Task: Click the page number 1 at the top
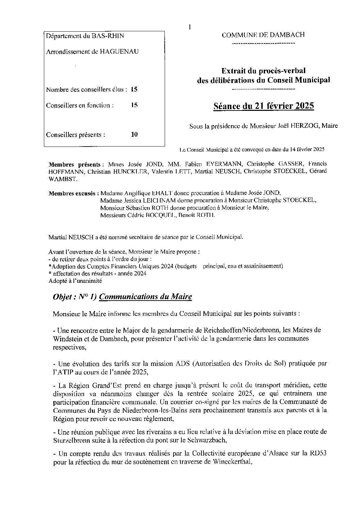tap(190, 27)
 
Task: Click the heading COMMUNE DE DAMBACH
tap(263, 35)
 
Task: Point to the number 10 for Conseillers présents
tap(134, 135)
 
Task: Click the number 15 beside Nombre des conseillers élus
tap(134, 90)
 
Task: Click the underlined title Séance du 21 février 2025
tap(263, 106)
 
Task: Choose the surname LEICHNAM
tap(166, 201)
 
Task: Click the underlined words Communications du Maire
tap(146, 297)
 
